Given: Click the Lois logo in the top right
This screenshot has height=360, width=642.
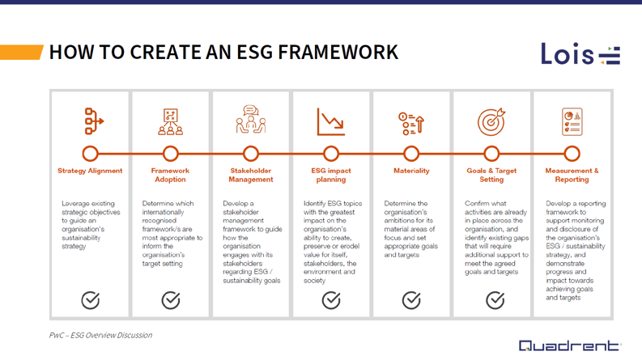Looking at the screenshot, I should (x=580, y=54).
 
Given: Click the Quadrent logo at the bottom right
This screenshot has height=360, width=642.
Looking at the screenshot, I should (x=569, y=345).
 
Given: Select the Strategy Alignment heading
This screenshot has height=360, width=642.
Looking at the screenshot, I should (x=90, y=172).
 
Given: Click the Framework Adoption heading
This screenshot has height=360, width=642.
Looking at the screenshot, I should (x=170, y=176).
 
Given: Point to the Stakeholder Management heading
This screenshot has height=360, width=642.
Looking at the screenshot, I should (x=250, y=176).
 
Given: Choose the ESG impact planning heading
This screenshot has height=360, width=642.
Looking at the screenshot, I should (x=330, y=176).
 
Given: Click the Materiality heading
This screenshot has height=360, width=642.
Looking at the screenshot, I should (x=411, y=172).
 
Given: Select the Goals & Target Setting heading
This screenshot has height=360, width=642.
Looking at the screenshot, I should (x=491, y=176).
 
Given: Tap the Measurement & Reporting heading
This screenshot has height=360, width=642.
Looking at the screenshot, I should (x=572, y=176).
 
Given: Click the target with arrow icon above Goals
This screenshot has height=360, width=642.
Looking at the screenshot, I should (x=491, y=121).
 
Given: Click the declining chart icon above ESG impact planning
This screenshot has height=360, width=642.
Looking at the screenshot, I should (x=330, y=122).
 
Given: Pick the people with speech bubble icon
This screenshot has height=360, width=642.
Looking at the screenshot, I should (x=250, y=120).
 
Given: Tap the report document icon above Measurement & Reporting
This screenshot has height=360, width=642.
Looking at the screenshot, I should (x=572, y=121).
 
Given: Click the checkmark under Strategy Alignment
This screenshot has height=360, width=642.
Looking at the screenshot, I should (x=91, y=300).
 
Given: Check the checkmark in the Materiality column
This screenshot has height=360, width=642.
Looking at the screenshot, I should (x=411, y=300).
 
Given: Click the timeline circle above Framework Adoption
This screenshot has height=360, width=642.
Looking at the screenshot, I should (x=170, y=153).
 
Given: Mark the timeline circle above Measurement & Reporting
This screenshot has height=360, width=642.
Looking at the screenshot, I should (x=572, y=153).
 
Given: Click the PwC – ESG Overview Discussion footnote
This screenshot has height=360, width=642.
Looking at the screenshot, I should (x=100, y=335).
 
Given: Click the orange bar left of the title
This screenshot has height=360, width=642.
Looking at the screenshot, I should (x=21, y=53).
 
